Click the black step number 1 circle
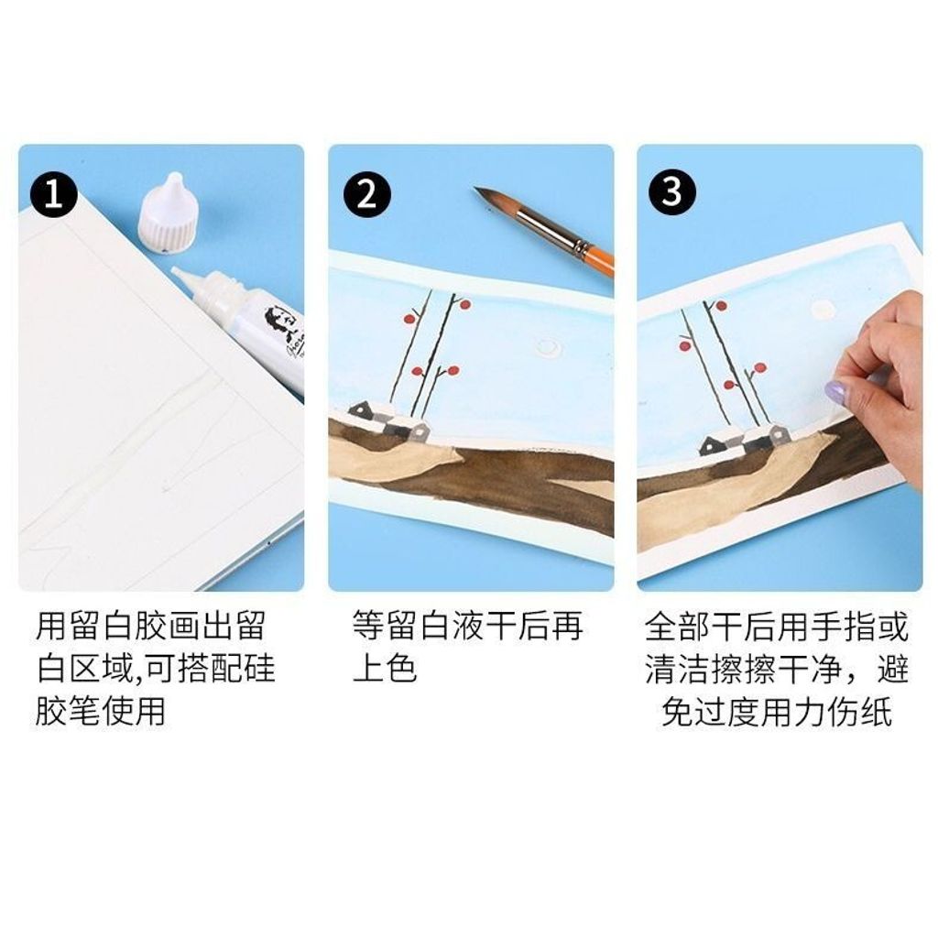(x=54, y=194)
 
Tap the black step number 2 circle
(x=366, y=194)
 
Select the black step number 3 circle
(x=672, y=192)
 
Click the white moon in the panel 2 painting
(x=547, y=346)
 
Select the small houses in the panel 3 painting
(x=745, y=440)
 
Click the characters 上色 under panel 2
(x=384, y=668)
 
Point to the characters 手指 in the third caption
(x=844, y=626)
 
